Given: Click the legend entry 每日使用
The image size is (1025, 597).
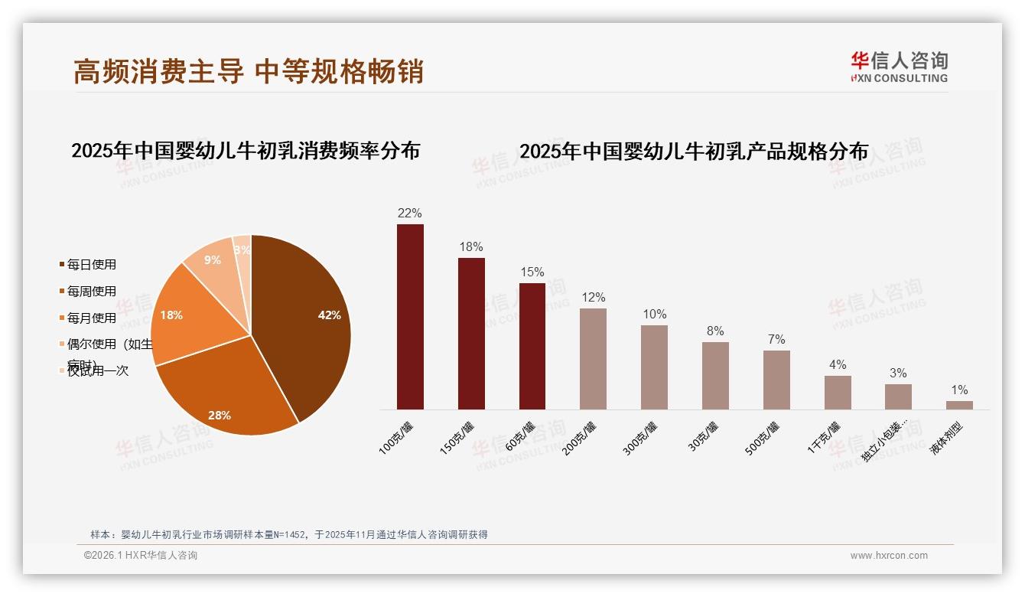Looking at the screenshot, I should coord(91,265).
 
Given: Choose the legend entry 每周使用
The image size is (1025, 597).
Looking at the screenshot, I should coord(91,292).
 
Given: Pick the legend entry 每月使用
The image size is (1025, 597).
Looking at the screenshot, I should coord(91,318).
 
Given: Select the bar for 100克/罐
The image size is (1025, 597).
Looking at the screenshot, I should coord(410,317).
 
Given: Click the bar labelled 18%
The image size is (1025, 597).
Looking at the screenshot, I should coord(471,334).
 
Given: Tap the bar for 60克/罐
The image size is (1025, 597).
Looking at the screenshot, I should coord(532,346).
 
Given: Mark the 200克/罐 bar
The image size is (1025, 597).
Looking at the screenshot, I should coord(593,359).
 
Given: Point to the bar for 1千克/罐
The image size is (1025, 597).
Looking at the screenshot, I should coord(838,393).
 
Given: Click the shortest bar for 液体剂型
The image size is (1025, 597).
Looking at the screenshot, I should coord(959,405).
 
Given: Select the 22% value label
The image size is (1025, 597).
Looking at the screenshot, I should coord(409,214).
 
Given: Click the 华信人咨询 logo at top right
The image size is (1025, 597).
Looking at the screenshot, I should coord(900,67).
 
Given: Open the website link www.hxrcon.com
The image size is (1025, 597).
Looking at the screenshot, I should coord(889,556).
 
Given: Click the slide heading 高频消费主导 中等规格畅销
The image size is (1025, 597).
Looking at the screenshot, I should coord(249,71).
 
